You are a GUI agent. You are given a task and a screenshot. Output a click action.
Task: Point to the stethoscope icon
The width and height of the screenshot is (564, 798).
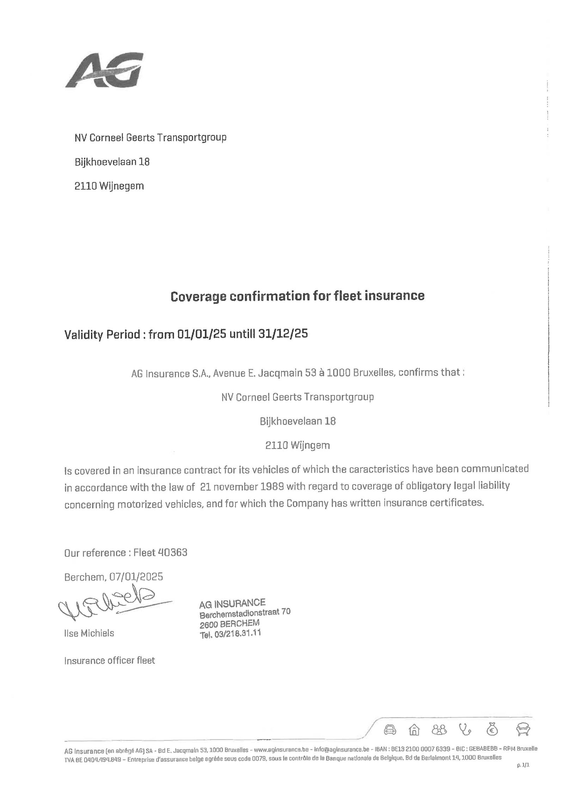point(465,729)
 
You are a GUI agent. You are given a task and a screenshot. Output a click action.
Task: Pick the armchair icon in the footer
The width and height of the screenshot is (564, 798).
point(523,729)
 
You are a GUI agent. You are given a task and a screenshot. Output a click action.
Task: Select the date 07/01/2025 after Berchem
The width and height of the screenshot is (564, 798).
point(136,577)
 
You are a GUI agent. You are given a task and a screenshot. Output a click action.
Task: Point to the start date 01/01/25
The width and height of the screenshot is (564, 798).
point(202,334)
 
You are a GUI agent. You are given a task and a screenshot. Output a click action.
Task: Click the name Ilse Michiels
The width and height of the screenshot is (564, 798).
point(89,633)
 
